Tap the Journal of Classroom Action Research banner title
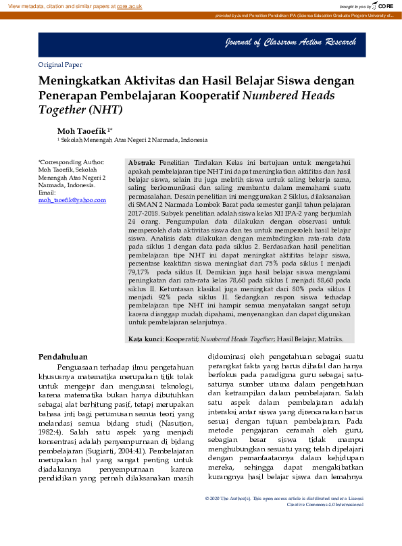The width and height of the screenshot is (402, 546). click(291, 43)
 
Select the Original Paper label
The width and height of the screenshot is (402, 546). click(60, 65)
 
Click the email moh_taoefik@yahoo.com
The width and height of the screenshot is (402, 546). click(72, 200)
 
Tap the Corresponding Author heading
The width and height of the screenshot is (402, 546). click(72, 162)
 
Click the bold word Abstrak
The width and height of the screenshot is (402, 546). click(142, 164)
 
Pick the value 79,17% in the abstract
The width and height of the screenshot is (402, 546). click(139, 271)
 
